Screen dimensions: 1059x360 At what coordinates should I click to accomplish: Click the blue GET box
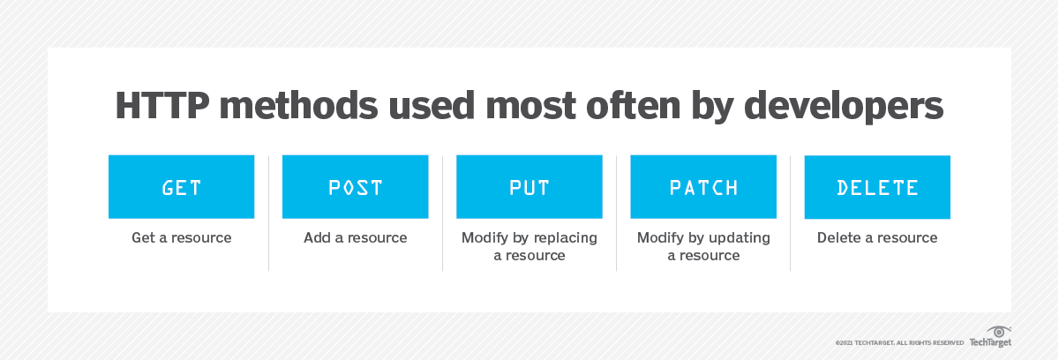[182, 186]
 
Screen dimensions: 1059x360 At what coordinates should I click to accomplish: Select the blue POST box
[356, 186]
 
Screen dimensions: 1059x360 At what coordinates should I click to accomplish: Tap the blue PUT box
[529, 186]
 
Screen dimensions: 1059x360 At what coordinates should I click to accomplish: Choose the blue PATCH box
[703, 186]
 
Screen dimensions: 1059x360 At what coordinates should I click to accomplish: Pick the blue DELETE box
[877, 187]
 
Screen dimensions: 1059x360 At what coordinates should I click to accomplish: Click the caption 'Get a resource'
[182, 237]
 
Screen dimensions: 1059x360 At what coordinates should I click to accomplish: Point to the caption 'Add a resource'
[356, 237]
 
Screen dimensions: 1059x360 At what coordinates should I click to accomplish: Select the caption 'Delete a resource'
[877, 237]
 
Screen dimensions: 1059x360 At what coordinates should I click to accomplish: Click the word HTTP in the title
[162, 105]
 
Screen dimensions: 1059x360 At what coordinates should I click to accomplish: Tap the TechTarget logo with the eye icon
[990, 337]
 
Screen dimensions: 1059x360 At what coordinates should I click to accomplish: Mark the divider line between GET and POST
[268, 213]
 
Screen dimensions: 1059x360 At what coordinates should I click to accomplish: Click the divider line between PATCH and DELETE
[791, 213]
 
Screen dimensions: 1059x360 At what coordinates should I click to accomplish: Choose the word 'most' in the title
[530, 106]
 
